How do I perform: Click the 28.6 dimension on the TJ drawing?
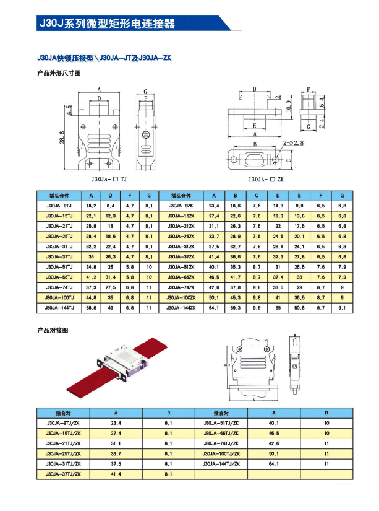[62, 136]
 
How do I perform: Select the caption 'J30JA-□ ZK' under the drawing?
[265, 178]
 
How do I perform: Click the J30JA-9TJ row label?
[59, 205]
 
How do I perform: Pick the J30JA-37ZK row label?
[181, 256]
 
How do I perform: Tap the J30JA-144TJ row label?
[59, 307]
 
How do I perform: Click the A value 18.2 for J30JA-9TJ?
[91, 205]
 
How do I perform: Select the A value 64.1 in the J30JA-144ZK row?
[215, 307]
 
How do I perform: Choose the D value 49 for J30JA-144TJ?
[111, 307]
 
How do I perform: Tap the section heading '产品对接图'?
[51, 331]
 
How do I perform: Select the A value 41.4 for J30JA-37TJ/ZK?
[116, 474]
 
